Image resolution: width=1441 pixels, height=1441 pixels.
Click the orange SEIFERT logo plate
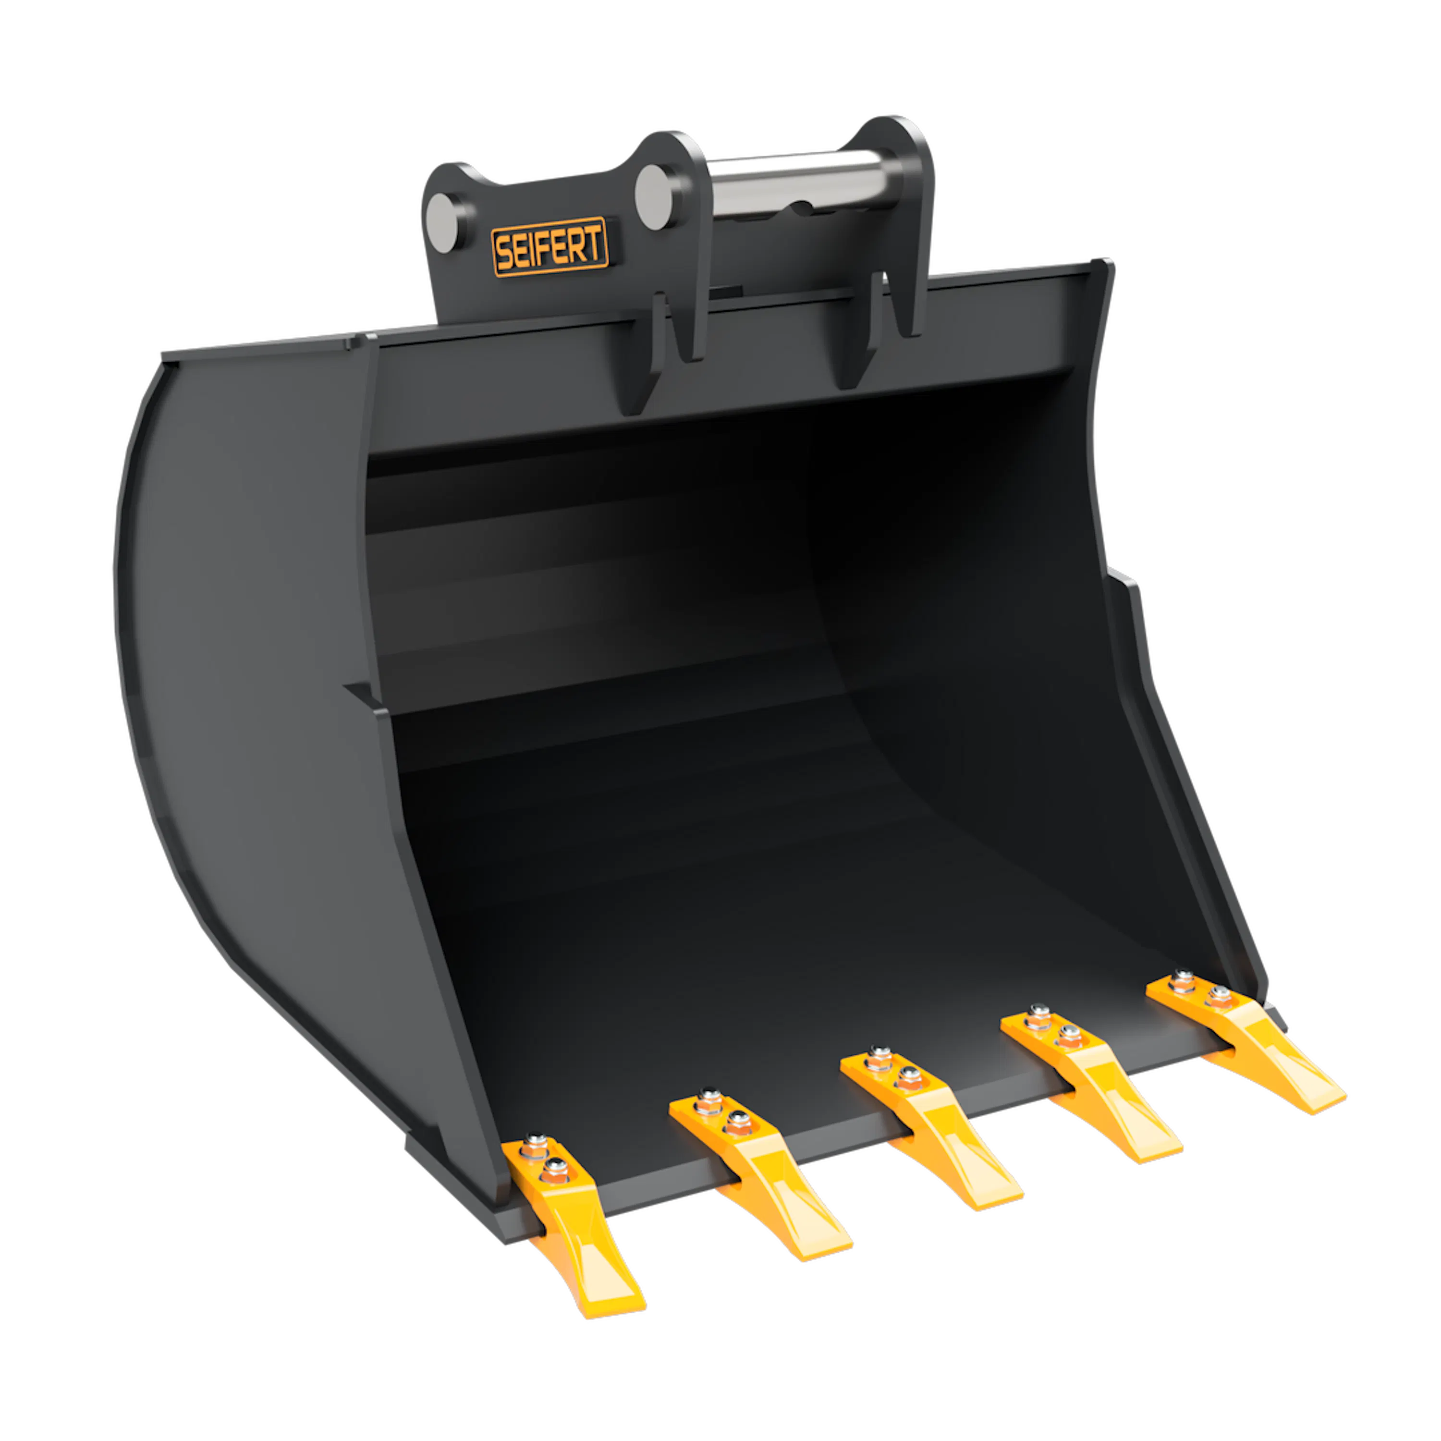(x=550, y=247)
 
